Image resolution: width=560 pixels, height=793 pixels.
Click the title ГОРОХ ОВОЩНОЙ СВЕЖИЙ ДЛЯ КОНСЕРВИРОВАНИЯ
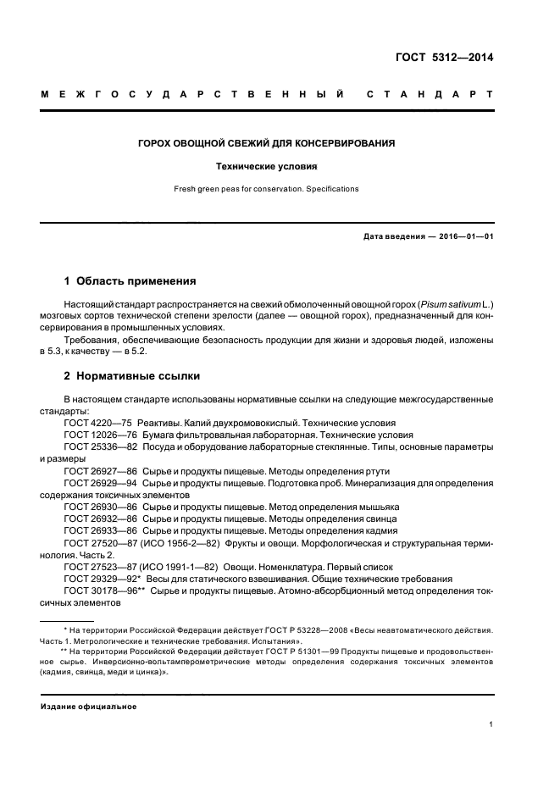[267, 144]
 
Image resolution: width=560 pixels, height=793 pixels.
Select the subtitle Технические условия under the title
[267, 167]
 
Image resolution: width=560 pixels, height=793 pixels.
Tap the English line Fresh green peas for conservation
[267, 189]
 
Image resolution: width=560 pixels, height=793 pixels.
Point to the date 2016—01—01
[464, 236]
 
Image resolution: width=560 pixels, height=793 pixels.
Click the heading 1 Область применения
[130, 280]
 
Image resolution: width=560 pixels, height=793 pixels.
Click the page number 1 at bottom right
[491, 725]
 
